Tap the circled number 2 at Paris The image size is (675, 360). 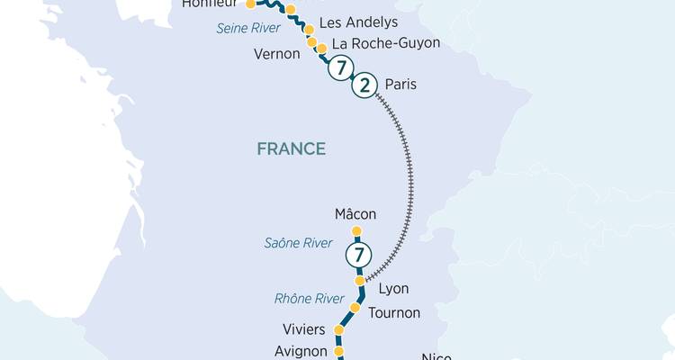coord(364,86)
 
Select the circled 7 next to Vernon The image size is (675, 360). coord(339,67)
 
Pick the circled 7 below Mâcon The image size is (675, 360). coord(358,256)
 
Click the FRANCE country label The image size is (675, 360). coord(291,148)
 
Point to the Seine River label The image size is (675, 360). coord(247,28)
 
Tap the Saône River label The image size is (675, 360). coord(298,243)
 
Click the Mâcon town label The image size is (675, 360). coord(355,214)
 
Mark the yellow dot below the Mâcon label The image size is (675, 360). coord(356,231)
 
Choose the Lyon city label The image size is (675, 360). coord(393,289)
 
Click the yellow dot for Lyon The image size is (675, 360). coord(360,282)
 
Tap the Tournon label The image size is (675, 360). coord(394,312)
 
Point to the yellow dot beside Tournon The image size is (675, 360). coord(355,309)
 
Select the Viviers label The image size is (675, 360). coord(303,329)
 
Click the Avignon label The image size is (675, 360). coord(300,351)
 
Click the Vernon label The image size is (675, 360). coord(277,54)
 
